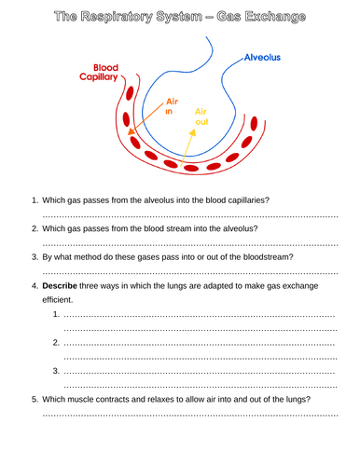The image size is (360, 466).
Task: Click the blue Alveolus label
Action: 261,58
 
